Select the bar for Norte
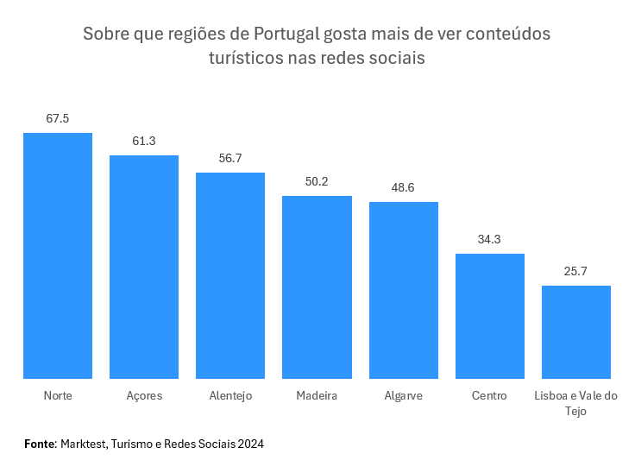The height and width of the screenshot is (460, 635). (58, 255)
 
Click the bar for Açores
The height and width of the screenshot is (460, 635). (144, 267)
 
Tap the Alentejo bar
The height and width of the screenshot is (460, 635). (230, 275)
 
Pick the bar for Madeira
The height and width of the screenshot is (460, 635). (317, 287)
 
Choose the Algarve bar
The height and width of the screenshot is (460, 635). (404, 290)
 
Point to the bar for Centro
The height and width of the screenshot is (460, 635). (490, 316)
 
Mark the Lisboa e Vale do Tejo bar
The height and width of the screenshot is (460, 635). (576, 332)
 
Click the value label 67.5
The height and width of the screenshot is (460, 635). (58, 118)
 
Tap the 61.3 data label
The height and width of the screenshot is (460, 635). (144, 141)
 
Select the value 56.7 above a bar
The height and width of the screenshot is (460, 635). (230, 158)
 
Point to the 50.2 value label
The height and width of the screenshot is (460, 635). (317, 181)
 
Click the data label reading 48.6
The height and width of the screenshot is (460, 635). (404, 187)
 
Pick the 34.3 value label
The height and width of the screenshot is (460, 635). (490, 239)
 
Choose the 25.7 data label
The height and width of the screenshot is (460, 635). (576, 271)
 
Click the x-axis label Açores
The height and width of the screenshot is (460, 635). (144, 396)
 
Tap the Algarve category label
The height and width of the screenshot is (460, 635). (404, 396)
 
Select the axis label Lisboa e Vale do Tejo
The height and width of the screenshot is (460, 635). (576, 404)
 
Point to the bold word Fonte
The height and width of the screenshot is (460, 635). (40, 444)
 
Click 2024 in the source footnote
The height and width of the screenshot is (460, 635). (249, 444)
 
